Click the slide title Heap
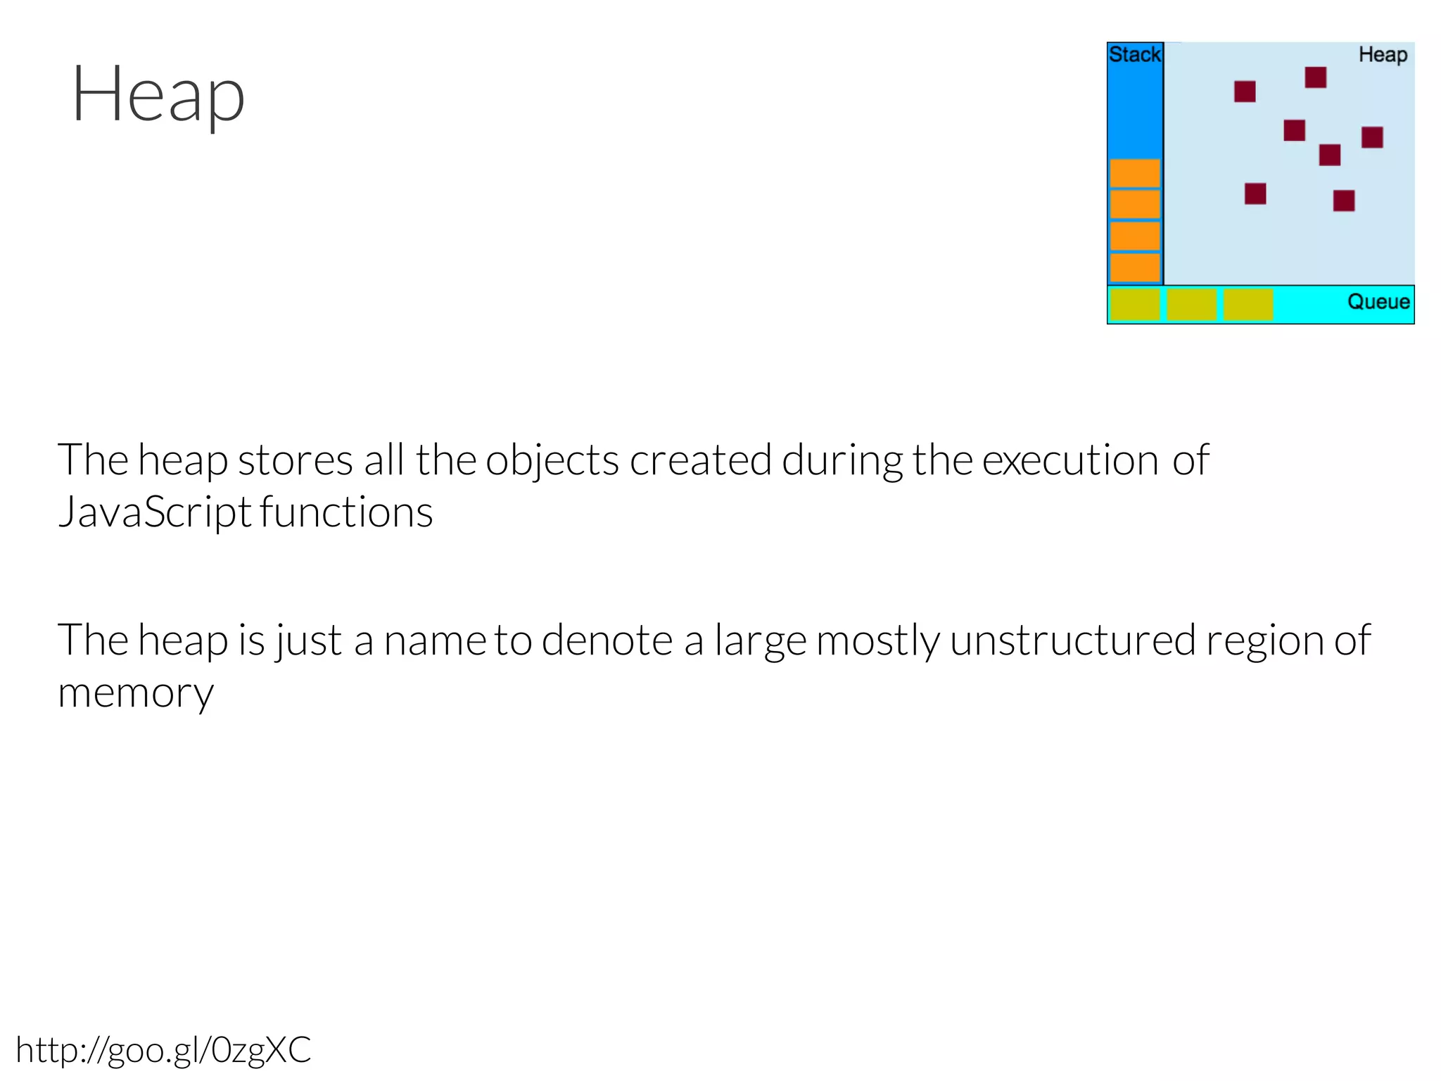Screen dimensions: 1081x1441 (x=158, y=95)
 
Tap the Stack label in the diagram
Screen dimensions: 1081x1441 (x=1134, y=55)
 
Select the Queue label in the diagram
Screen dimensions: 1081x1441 (x=1378, y=302)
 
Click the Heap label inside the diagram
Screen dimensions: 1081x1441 (x=1383, y=55)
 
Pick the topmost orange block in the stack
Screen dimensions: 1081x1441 (x=1135, y=173)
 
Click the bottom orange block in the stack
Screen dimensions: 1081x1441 (x=1135, y=268)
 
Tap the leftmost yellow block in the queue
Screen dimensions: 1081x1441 (x=1135, y=305)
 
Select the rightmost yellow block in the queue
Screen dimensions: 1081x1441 (x=1248, y=305)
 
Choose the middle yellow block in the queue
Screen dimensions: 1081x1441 (x=1191, y=305)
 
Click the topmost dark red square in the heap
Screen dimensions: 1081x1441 (x=1315, y=77)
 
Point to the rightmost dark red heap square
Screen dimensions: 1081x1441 (x=1372, y=137)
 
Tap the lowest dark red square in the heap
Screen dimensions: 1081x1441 (x=1344, y=201)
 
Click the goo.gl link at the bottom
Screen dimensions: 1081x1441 (x=163, y=1050)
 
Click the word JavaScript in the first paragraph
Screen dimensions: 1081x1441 (x=155, y=512)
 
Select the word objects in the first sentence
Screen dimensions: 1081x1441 (x=552, y=460)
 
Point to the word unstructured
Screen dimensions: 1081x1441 (x=1073, y=640)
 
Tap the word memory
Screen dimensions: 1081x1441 (x=136, y=693)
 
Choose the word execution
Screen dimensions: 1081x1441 (x=1069, y=460)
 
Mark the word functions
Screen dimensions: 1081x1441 (x=346, y=512)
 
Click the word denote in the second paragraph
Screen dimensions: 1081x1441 (x=607, y=640)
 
